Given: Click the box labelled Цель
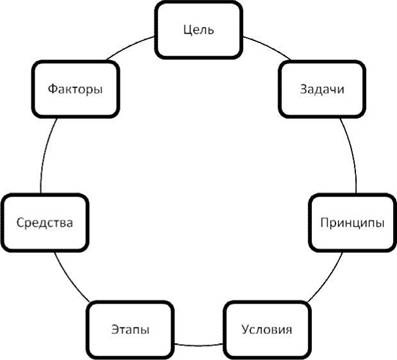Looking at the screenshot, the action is (x=198, y=30).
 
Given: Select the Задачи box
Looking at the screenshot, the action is (x=322, y=89).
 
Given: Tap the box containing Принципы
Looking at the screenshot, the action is (x=353, y=222).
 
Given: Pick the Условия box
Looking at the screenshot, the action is (x=266, y=330).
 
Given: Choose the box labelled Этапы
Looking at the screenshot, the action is (x=130, y=330).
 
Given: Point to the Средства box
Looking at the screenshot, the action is (x=45, y=222).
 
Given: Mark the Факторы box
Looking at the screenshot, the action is (x=76, y=89).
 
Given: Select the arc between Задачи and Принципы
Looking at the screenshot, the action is (x=352, y=154).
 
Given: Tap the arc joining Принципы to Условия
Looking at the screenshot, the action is (x=327, y=279).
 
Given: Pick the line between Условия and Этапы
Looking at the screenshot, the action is (x=199, y=343).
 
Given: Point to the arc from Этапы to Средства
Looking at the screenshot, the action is (x=69, y=278).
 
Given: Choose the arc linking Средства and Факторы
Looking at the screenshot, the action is (x=45, y=154).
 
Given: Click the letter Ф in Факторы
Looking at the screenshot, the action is (x=53, y=89).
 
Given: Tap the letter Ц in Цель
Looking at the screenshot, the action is (x=187, y=30).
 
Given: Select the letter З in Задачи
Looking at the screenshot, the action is (x=303, y=89).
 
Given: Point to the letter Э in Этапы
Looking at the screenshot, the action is (x=115, y=329).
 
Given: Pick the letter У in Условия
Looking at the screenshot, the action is (x=245, y=330).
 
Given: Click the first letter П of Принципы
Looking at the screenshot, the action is (x=324, y=222).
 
